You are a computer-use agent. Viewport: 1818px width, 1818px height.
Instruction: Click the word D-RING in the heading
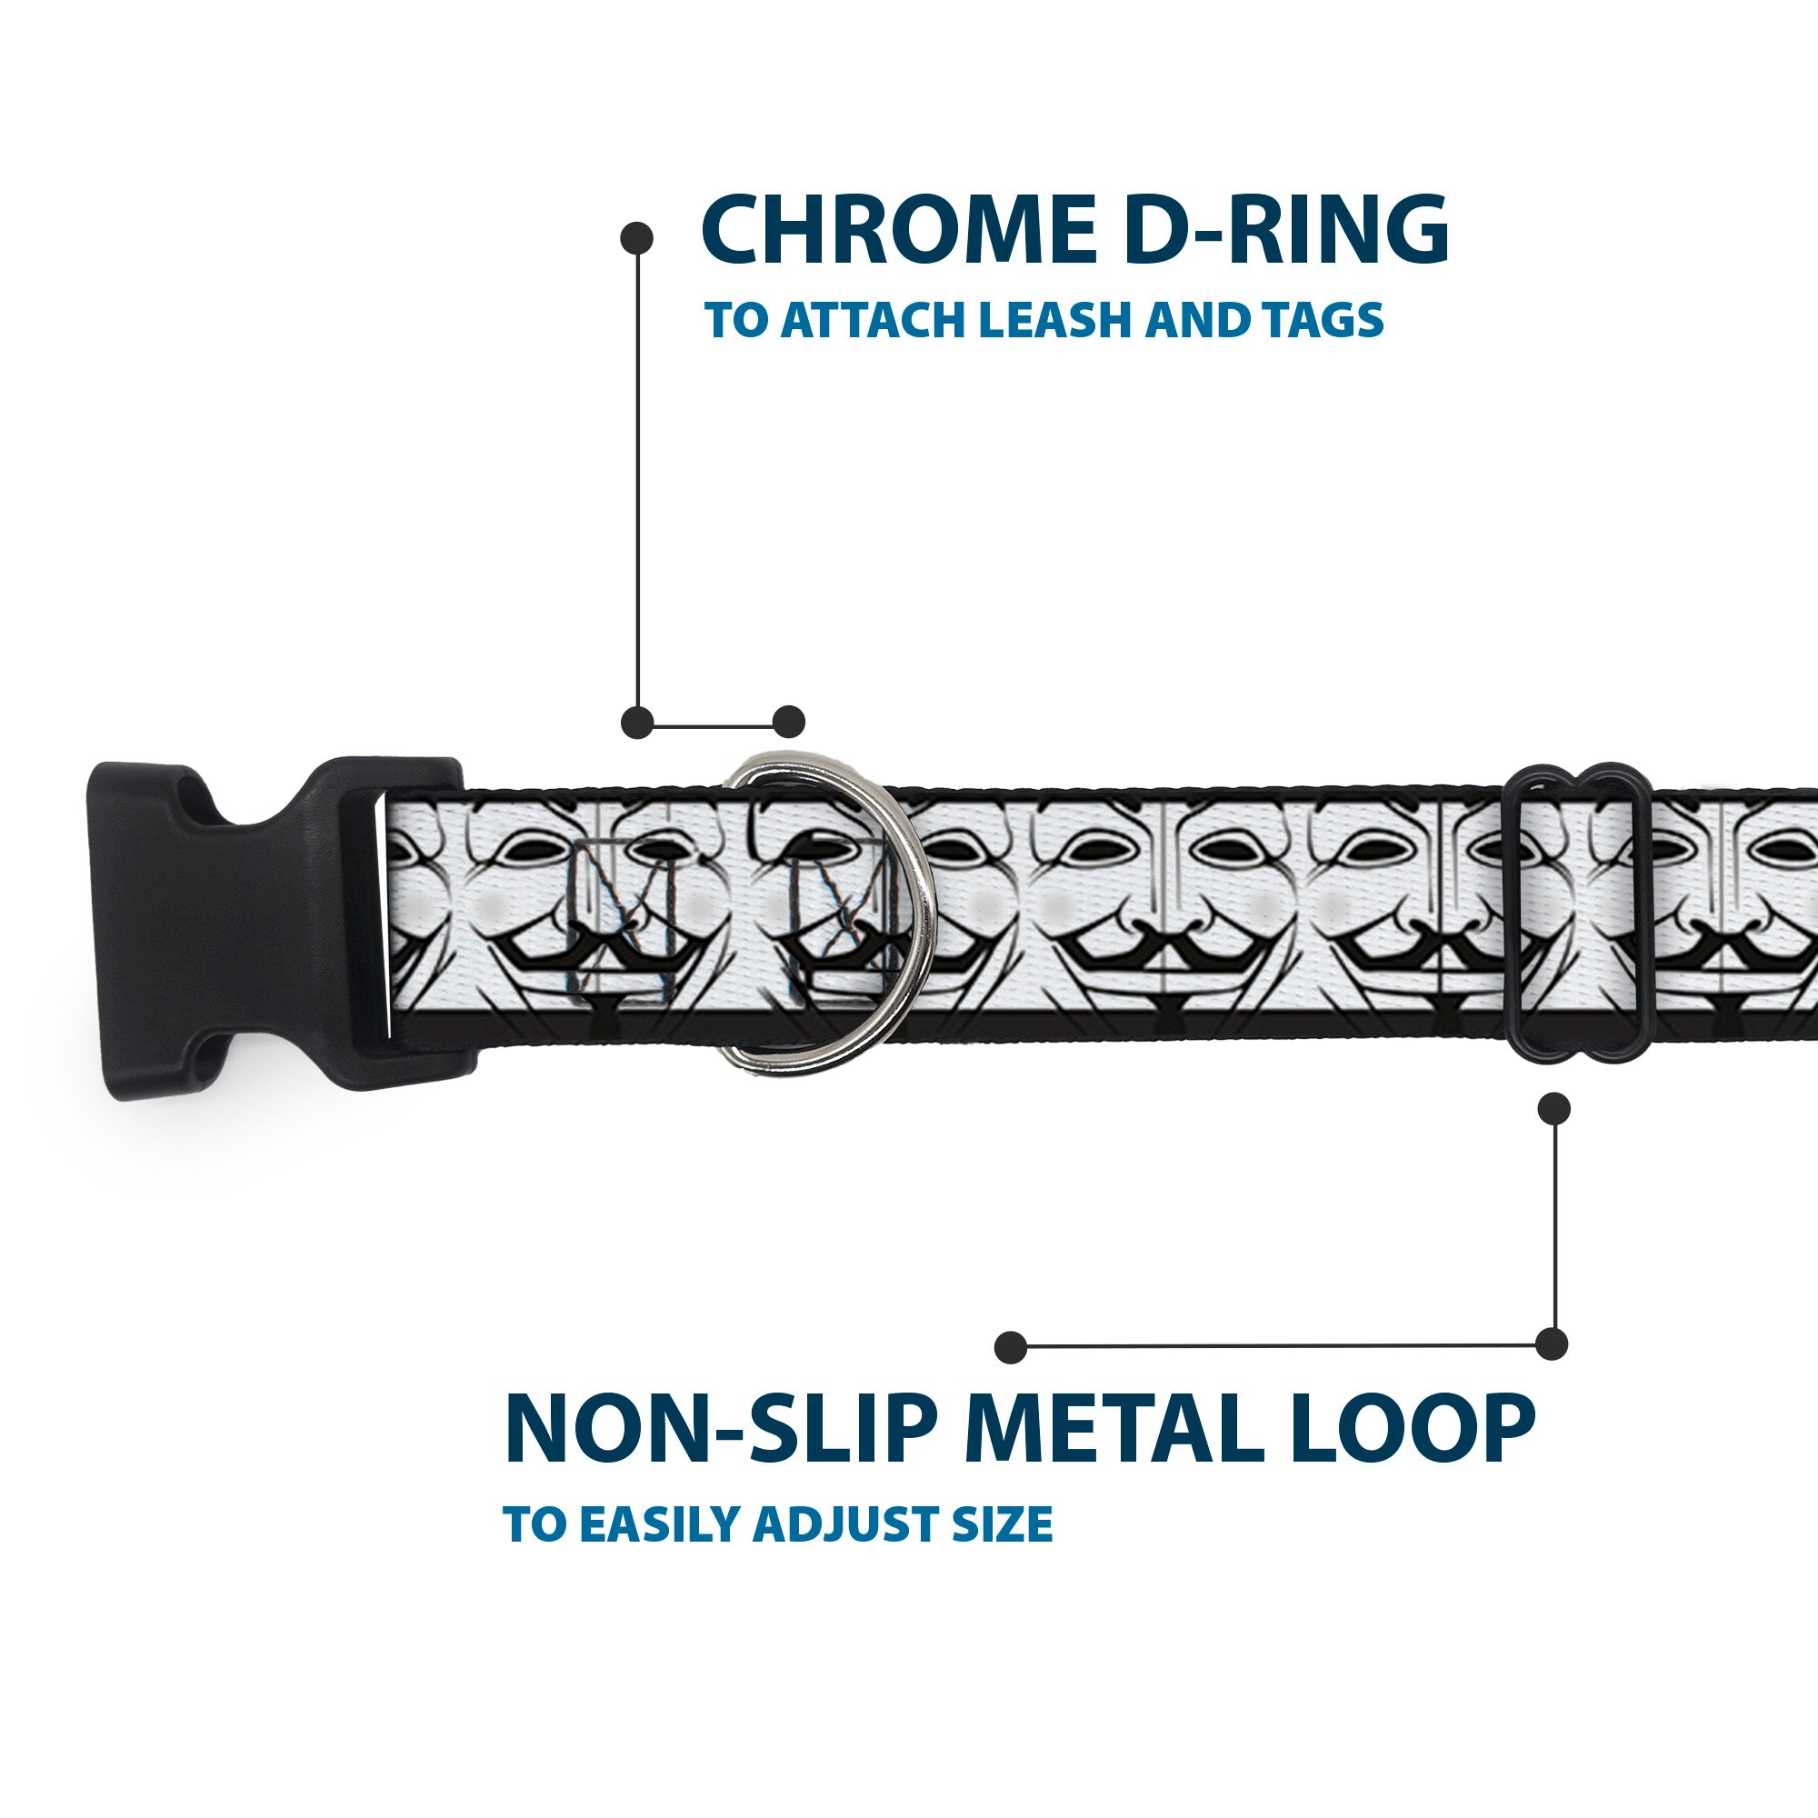pos(1285,231)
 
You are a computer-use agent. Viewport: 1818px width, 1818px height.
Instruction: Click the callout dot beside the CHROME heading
pos(637,238)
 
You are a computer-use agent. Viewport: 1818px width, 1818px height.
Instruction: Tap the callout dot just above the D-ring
pos(788,722)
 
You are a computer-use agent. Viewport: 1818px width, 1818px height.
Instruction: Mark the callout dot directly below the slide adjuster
pos(1553,1108)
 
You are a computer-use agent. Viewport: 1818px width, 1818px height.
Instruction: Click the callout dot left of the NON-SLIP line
pos(1011,1347)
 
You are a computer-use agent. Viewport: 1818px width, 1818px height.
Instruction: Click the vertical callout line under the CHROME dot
pos(638,480)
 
